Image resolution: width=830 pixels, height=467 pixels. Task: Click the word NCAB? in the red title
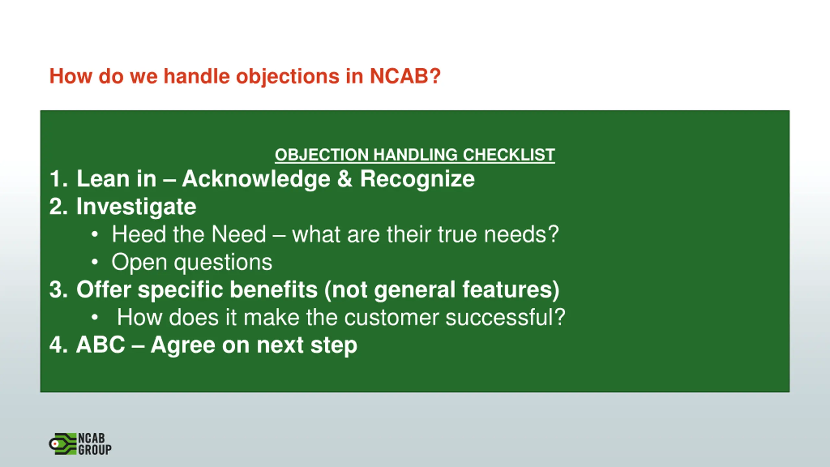[405, 76]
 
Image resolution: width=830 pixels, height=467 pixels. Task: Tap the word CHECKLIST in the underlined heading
[509, 155]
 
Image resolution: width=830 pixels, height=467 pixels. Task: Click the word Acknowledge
[256, 179]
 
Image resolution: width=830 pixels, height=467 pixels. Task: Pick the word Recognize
[418, 179]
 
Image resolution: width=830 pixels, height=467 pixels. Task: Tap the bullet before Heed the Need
[94, 234]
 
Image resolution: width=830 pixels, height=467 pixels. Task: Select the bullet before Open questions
[94, 262]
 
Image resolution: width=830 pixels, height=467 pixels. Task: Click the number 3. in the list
[59, 289]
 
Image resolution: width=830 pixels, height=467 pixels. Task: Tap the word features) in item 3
[511, 290]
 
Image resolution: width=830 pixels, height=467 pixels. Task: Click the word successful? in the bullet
[505, 317]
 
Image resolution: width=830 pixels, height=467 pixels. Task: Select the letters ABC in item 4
[101, 345]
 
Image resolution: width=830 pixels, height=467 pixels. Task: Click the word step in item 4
[334, 346]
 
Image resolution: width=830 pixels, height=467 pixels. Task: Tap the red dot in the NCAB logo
[55, 444]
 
